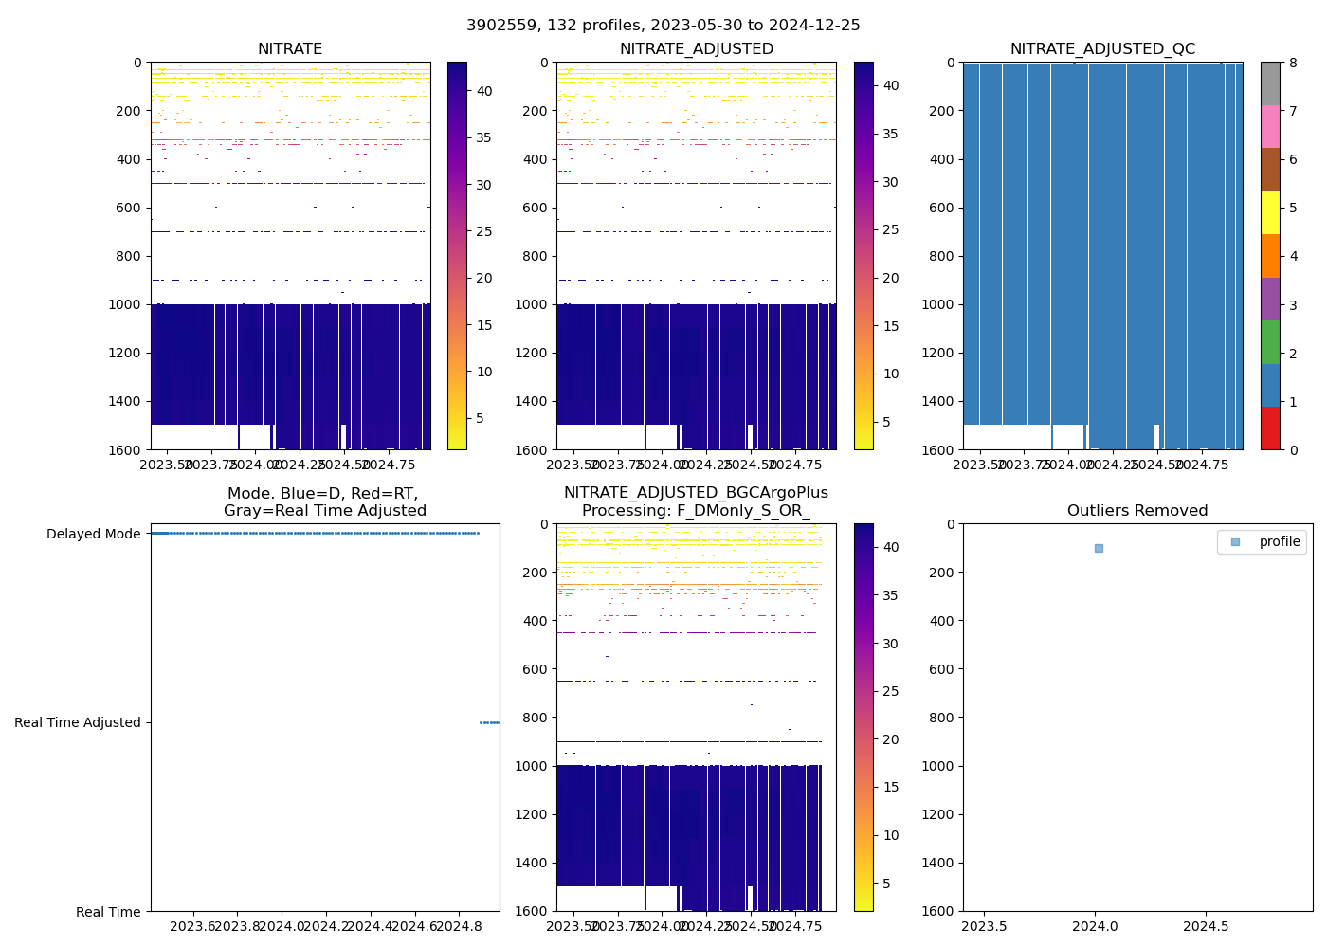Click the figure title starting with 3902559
click(663, 26)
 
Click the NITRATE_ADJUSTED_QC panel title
click(1102, 49)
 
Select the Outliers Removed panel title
click(1136, 511)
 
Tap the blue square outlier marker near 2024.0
click(1099, 548)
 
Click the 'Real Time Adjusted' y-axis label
click(77, 722)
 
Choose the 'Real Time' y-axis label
click(108, 912)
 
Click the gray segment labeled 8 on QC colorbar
click(1270, 83)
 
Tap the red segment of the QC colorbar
click(1270, 428)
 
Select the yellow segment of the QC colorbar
click(1270, 212)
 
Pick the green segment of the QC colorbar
click(1270, 341)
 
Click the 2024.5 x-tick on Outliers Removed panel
click(1207, 926)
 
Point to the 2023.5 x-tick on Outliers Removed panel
click(985, 926)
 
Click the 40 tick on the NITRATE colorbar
click(483, 91)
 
